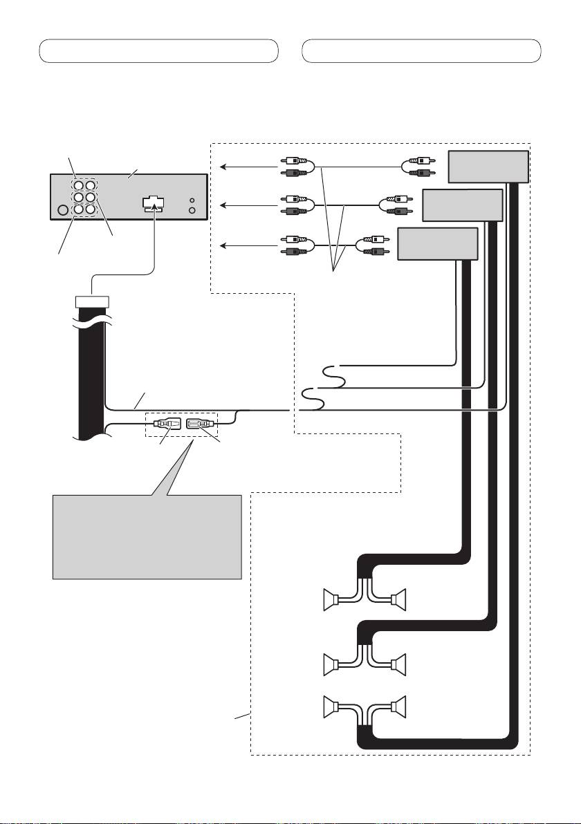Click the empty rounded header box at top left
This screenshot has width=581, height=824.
[x=158, y=51]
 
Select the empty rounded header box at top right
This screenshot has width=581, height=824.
[x=421, y=51]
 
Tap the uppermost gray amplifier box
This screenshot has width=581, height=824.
[x=488, y=167]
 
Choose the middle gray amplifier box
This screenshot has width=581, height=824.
[x=461, y=205]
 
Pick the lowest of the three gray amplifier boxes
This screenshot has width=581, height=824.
[x=438, y=243]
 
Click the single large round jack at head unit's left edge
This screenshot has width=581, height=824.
[x=63, y=210]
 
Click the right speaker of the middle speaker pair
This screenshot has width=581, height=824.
[x=398, y=665]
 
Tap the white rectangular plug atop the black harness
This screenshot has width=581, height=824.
[x=92, y=301]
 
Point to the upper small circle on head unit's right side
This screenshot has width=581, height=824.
[x=193, y=198]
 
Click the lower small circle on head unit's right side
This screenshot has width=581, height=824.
[x=193, y=210]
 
